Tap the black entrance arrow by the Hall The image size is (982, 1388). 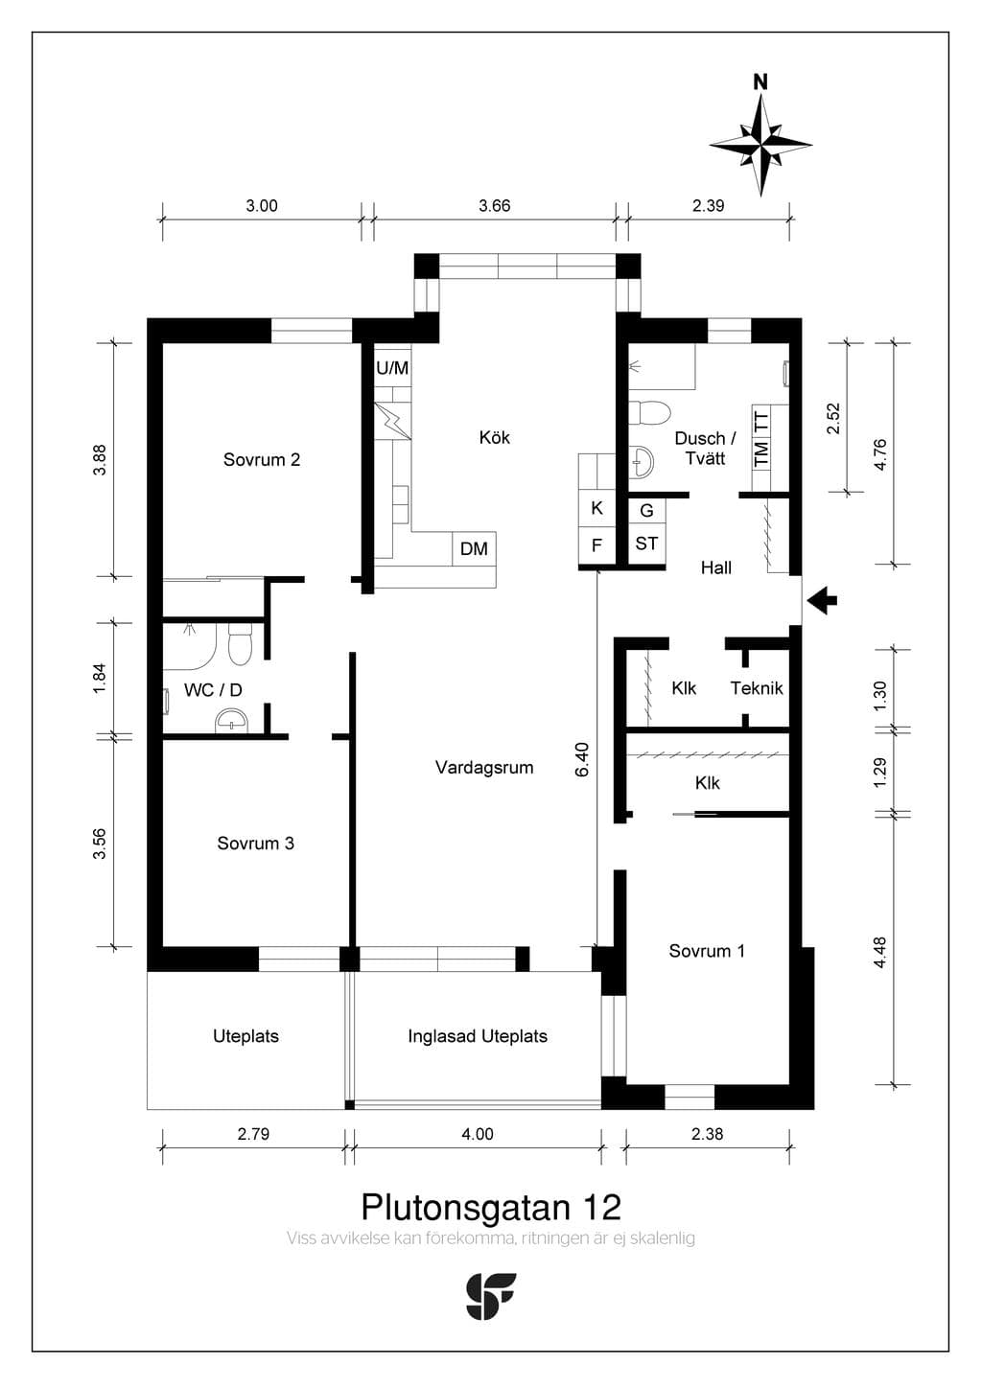pyautogui.click(x=823, y=600)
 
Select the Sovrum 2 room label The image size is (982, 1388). pyautogui.click(x=262, y=460)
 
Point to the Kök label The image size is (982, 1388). pyautogui.click(x=494, y=437)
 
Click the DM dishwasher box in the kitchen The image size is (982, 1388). pyautogui.click(x=475, y=548)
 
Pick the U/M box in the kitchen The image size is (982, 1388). pyautogui.click(x=392, y=367)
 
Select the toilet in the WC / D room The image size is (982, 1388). pyautogui.click(x=240, y=644)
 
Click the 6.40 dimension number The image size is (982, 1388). pyautogui.click(x=583, y=760)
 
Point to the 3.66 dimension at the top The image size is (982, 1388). pyautogui.click(x=494, y=206)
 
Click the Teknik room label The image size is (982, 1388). pyautogui.click(x=757, y=688)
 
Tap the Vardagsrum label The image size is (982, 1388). pyautogui.click(x=484, y=768)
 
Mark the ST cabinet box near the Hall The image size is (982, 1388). pyautogui.click(x=646, y=544)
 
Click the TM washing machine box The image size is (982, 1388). pyautogui.click(x=761, y=453)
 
